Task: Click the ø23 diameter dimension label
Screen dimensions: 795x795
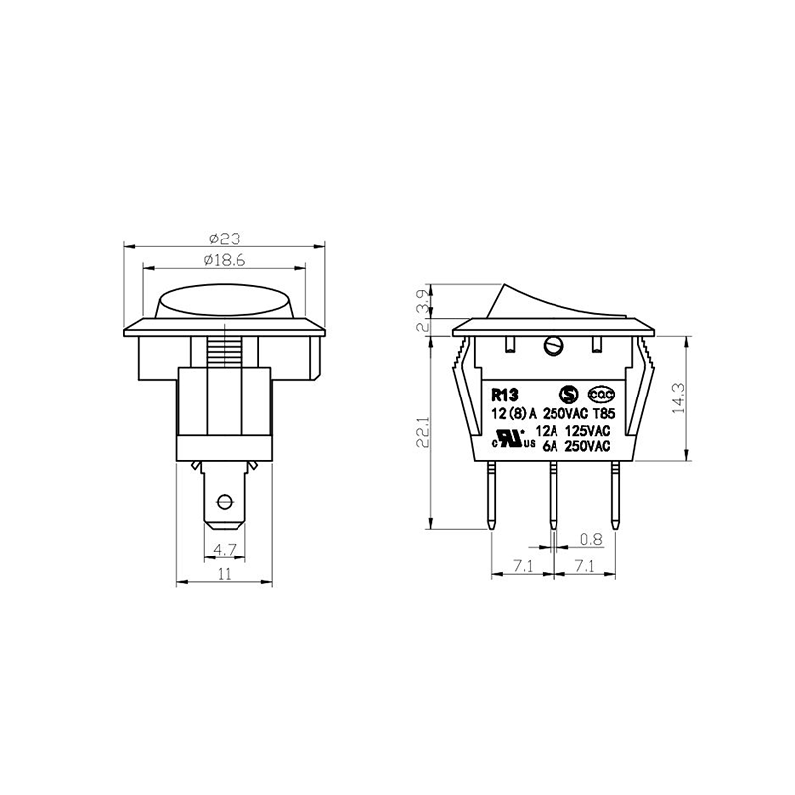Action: (x=225, y=238)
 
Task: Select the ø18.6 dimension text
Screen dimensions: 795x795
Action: (x=225, y=260)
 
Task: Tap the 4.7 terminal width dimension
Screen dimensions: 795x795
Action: (x=224, y=550)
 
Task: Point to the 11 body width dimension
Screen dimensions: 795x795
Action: (x=225, y=574)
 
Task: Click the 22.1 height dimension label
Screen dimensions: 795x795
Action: (x=423, y=432)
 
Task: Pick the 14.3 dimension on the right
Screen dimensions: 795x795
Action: (x=679, y=398)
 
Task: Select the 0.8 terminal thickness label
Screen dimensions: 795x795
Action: (x=591, y=539)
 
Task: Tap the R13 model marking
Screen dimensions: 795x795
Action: (x=504, y=395)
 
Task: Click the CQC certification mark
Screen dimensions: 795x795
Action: (x=601, y=394)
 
